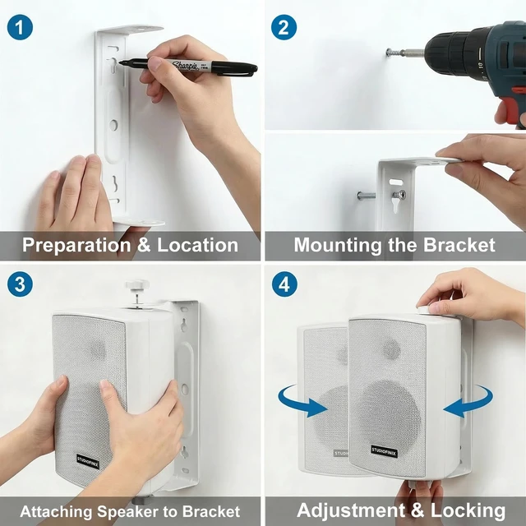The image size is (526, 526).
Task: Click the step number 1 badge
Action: pos(20,27)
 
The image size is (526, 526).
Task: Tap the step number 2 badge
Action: pos(284,27)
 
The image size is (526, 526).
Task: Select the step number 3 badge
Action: pos(20,284)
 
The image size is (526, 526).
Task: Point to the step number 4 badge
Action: pos(284,284)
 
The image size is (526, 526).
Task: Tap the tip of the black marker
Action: pos(120,62)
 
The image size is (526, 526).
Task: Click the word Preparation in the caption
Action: pos(76,246)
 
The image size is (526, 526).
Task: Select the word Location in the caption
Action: pos(198,245)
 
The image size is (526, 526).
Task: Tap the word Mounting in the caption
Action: pos(337,246)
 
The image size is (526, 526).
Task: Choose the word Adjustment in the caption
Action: pos(351,510)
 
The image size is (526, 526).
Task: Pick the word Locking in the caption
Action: pos(468,511)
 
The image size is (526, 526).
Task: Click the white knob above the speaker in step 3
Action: pos(137,287)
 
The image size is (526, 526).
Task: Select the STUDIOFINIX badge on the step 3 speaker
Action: pos(88,461)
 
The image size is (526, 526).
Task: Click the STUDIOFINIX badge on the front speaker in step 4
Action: pos(384,451)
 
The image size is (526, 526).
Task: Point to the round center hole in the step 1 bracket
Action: pos(113,125)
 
